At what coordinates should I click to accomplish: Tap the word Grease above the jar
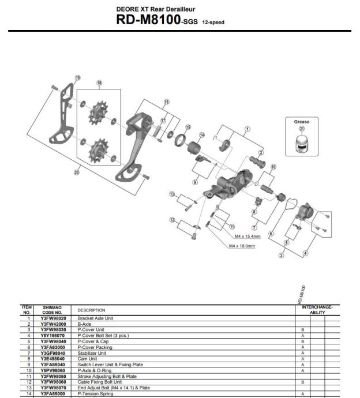click(301, 122)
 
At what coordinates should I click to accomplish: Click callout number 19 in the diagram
click(78, 78)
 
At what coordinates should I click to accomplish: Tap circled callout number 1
click(247, 129)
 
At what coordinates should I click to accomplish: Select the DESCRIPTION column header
click(92, 310)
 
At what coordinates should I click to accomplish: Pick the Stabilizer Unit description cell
click(92, 353)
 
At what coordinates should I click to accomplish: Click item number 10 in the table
click(28, 370)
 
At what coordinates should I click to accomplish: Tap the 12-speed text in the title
click(213, 22)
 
